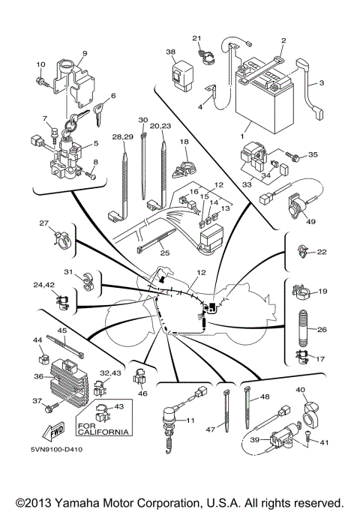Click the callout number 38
coord(170,52)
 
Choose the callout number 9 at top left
coord(84,53)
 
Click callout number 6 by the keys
coord(113,96)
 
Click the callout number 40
coord(301,390)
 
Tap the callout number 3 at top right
coord(321,82)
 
